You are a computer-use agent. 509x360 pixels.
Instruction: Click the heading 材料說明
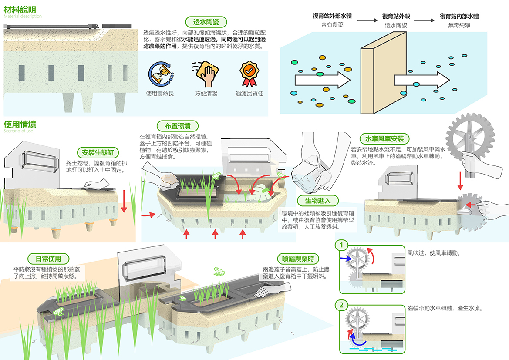20,10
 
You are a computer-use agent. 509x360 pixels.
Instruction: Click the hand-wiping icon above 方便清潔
205,74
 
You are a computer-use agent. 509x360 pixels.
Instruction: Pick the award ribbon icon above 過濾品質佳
249,74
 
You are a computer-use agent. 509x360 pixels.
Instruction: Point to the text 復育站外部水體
332,17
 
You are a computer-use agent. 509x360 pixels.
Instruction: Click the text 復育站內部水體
459,17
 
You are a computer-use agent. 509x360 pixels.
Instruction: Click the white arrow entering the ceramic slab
322,80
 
